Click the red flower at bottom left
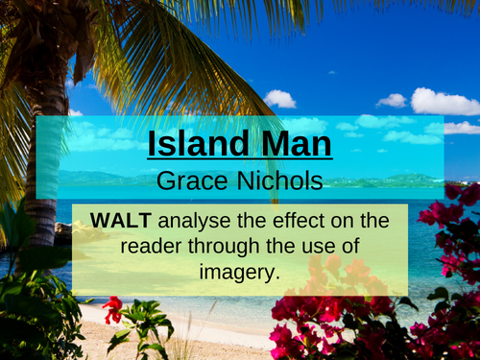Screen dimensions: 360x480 113,309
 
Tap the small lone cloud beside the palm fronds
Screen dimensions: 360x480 279,98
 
